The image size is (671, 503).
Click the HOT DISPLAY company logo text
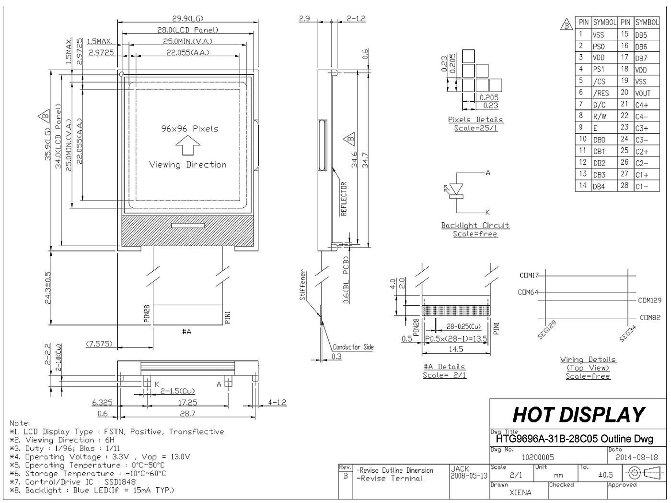[578, 415]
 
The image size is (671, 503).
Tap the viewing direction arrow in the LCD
[187, 146]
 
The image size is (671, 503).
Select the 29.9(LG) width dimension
[187, 18]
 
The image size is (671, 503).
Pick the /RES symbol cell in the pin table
[601, 93]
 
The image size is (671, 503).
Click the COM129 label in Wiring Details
[649, 300]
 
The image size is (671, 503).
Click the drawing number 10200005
[537, 457]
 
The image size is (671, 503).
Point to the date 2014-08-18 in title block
[636, 457]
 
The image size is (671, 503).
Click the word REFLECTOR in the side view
[344, 199]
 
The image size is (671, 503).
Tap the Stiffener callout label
[302, 285]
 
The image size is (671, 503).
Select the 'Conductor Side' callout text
[353, 347]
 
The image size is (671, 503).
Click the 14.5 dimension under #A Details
[456, 349]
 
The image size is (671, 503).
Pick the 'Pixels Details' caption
[475, 120]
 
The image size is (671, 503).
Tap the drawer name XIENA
[520, 492]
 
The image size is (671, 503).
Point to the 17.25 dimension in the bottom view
[187, 402]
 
